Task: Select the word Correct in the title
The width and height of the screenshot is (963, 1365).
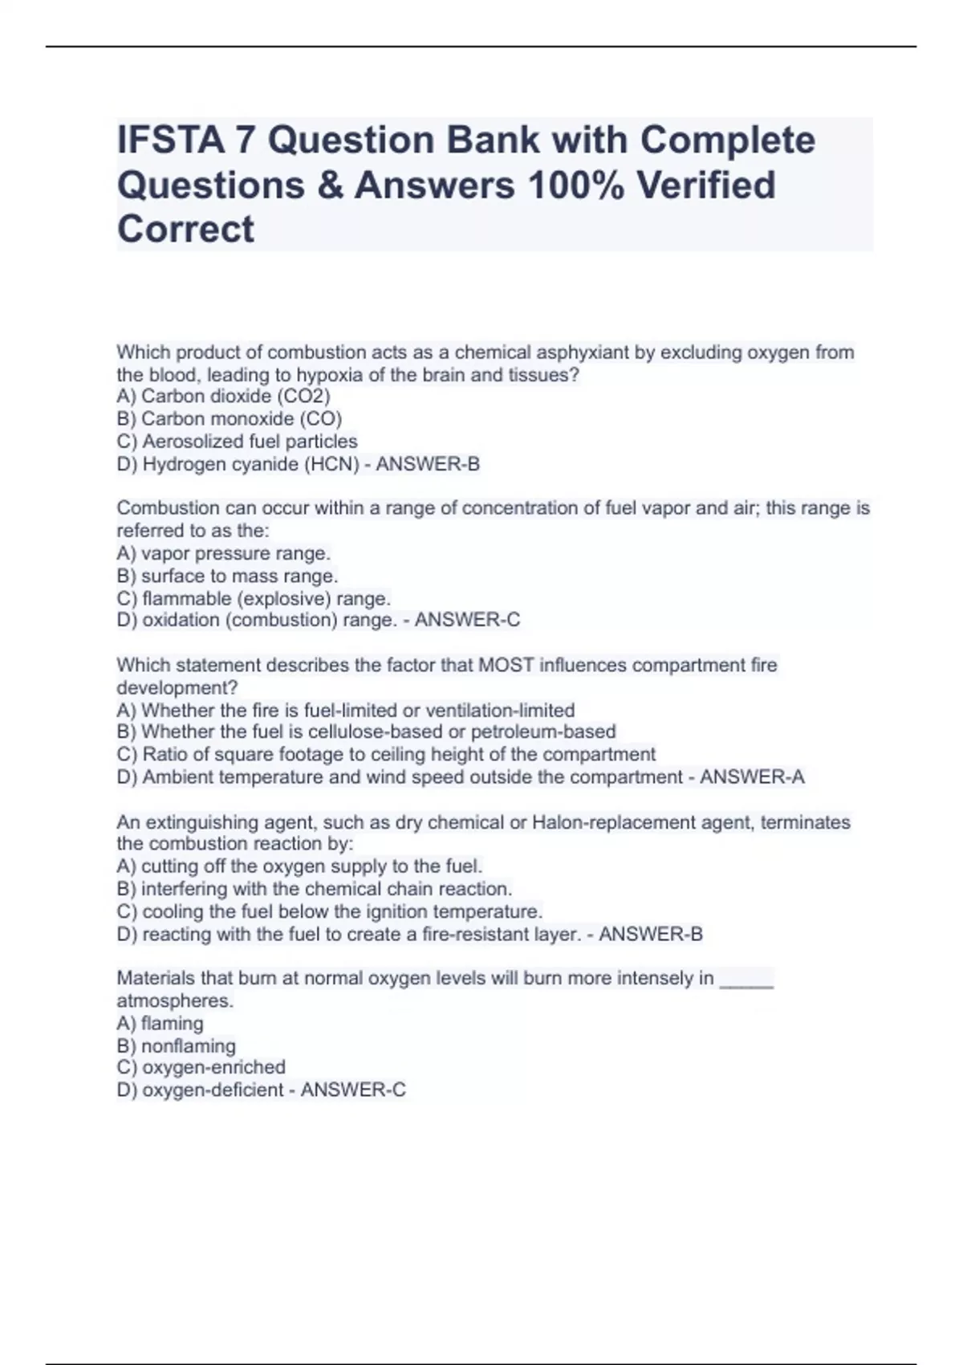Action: (x=185, y=230)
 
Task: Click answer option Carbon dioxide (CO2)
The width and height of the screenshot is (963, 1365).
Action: (x=224, y=397)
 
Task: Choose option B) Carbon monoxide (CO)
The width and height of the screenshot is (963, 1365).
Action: (x=230, y=419)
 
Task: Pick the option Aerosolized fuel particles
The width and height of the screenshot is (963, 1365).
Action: (x=238, y=442)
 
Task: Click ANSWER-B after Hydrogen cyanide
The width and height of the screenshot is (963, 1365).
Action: (x=428, y=464)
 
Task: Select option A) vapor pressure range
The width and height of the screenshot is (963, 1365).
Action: (x=224, y=554)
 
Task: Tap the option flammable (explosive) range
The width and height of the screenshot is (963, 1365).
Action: (x=254, y=599)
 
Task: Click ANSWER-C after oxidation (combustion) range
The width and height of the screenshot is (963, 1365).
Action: (x=467, y=621)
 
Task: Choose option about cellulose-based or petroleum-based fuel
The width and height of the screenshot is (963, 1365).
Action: (x=367, y=732)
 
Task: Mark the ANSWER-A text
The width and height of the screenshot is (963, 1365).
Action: (x=752, y=777)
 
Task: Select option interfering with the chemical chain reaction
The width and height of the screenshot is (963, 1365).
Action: (x=315, y=890)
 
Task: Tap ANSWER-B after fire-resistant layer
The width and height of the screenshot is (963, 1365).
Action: (x=651, y=935)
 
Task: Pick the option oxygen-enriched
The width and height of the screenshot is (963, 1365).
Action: (x=201, y=1068)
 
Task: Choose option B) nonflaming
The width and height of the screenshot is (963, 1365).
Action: (x=177, y=1046)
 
